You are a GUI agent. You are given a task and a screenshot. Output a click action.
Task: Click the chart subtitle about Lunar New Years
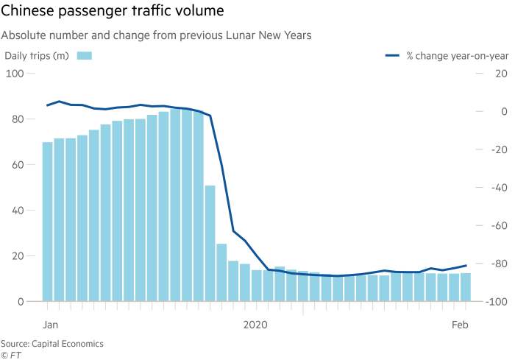(x=156, y=34)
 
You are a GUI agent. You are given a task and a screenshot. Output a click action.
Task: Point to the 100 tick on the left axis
(x=15, y=74)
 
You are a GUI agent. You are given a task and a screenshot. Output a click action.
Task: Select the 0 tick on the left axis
(x=20, y=302)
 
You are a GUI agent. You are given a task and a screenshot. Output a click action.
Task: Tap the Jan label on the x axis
(x=50, y=325)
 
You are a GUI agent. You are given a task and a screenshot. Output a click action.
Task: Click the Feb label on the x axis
(x=461, y=325)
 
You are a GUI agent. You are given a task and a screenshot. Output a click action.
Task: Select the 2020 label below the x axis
(x=255, y=325)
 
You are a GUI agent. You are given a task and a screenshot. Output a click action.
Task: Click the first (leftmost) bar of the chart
(x=47, y=222)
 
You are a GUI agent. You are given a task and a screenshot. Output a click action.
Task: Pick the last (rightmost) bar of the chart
(x=465, y=287)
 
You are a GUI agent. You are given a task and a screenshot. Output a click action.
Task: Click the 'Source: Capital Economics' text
(x=51, y=344)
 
